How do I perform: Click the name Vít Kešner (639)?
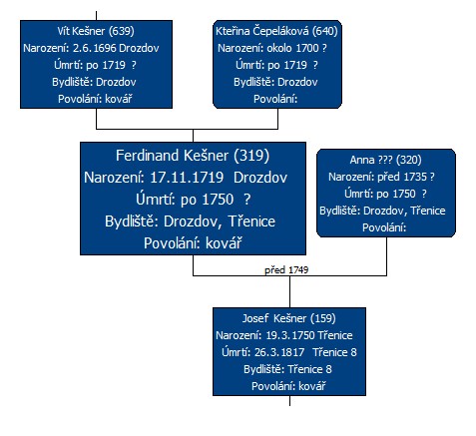[96, 31]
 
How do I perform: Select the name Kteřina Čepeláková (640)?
[276, 31]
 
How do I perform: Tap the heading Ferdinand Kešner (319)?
[193, 156]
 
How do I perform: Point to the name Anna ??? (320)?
[385, 160]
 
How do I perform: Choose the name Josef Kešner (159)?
[288, 318]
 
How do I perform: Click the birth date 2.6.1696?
[94, 48]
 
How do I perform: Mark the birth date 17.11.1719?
[187, 178]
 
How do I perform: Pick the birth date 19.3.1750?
[289, 335]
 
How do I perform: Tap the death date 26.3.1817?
[279, 352]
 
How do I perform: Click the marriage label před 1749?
[286, 269]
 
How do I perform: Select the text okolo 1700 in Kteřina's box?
[292, 48]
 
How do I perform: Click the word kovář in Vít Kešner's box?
[119, 99]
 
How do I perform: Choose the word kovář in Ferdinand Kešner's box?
[224, 243]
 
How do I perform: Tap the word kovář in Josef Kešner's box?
[312, 386]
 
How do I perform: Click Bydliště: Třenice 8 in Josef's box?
[287, 369]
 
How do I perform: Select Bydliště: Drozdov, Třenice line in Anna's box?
[382, 211]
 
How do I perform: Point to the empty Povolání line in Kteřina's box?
[275, 99]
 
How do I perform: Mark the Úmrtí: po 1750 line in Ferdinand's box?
[193, 200]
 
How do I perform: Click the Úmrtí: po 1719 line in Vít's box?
[95, 65]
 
